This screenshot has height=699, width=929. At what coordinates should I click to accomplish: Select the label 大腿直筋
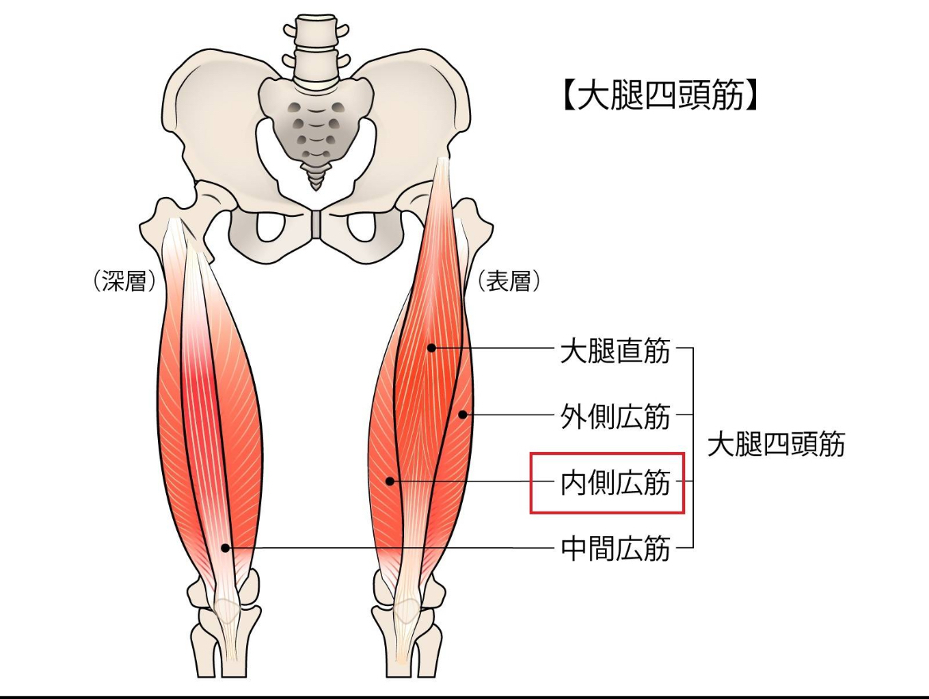615,349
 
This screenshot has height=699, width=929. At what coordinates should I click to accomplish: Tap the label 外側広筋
615,415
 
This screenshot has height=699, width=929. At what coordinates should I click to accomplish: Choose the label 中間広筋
615,548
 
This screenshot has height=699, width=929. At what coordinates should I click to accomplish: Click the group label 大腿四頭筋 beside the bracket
776,445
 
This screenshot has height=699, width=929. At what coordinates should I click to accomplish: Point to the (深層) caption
124,281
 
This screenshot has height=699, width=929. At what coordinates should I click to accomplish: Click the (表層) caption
509,281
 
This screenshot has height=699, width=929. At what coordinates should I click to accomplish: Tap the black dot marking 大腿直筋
430,347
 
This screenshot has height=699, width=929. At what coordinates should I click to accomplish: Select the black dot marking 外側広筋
462,414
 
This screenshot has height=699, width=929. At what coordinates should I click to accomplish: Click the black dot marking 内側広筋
390,481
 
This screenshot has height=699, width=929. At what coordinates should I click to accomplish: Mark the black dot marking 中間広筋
226,547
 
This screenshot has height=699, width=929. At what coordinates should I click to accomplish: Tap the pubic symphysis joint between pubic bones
317,224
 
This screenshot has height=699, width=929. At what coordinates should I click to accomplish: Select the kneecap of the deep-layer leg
227,610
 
